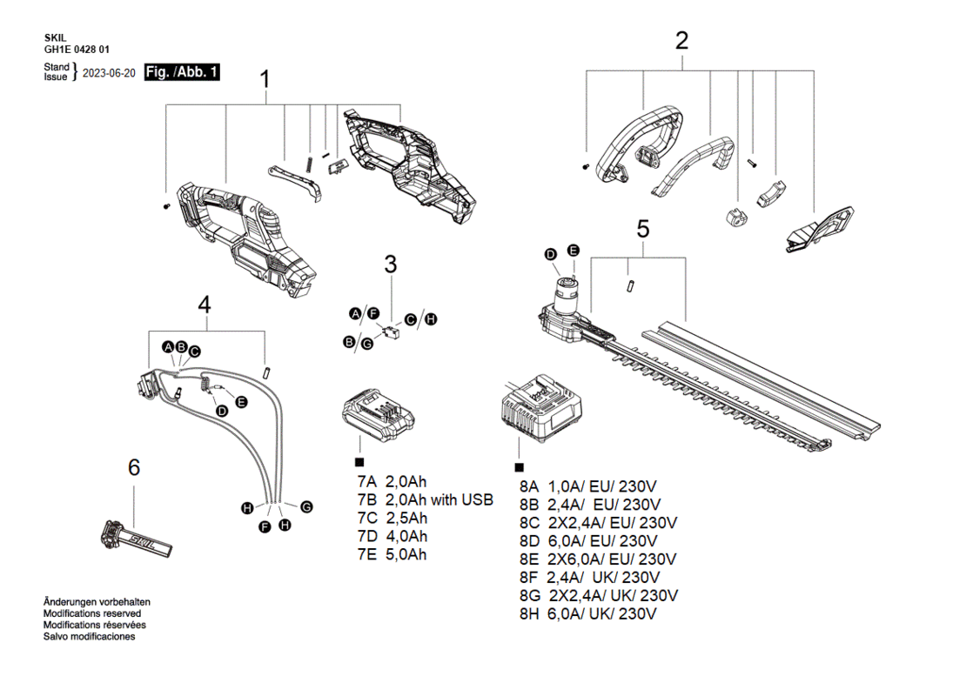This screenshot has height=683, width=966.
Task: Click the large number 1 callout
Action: pyautogui.click(x=265, y=79)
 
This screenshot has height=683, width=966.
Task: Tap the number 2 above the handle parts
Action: pyautogui.click(x=681, y=41)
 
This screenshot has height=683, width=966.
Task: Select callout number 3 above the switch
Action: pyautogui.click(x=391, y=264)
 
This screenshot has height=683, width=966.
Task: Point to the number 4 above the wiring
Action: pyautogui.click(x=205, y=305)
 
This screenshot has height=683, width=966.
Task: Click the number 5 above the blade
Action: pyautogui.click(x=643, y=229)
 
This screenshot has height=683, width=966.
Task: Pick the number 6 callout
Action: pyautogui.click(x=134, y=467)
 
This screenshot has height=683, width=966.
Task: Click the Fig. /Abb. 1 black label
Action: pyautogui.click(x=182, y=72)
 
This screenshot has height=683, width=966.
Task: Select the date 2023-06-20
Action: pyautogui.click(x=109, y=73)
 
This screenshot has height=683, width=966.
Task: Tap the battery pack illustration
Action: pyautogui.click(x=378, y=414)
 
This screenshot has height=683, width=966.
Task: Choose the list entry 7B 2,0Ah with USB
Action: pyautogui.click(x=425, y=499)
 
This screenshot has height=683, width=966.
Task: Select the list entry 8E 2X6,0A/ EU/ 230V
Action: pyautogui.click(x=598, y=559)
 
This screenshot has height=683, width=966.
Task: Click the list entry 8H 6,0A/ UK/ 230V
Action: pyautogui.click(x=587, y=614)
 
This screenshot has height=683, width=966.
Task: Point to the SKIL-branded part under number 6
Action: pyautogui.click(x=136, y=539)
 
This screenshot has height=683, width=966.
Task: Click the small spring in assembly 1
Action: pyautogui.click(x=309, y=166)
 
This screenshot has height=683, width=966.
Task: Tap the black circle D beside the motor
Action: pyautogui.click(x=551, y=254)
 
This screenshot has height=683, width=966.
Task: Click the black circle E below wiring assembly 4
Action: pyautogui.click(x=242, y=402)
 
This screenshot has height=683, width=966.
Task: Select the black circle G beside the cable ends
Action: pyautogui.click(x=306, y=507)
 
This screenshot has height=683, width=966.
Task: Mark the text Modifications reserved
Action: pyautogui.click(x=91, y=613)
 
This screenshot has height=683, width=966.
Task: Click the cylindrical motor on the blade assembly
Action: pyautogui.click(x=567, y=294)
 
